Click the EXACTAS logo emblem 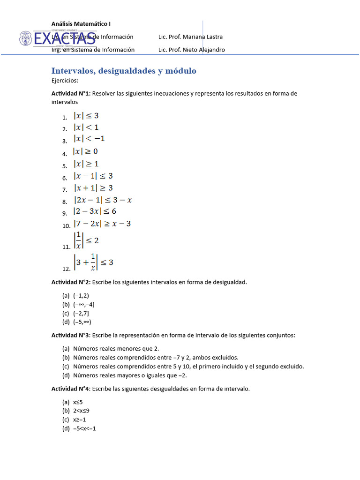click(26, 38)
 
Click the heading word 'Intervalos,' click(72, 71)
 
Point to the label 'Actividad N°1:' click(71, 93)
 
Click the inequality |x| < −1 click(89, 139)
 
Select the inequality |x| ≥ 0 click(85, 151)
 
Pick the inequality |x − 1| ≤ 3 click(93, 176)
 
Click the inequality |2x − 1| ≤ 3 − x click(103, 200)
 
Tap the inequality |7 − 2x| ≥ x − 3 click(102, 224)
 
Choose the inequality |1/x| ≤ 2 click(86, 240)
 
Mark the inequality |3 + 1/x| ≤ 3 click(93, 262)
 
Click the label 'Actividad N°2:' click(71, 282)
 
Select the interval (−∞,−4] click(83, 304)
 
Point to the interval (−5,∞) click(82, 322)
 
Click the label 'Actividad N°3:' click(71, 335)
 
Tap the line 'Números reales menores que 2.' click(116, 348)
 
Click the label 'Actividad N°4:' click(71, 389)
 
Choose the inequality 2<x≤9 click(81, 411)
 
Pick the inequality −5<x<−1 click(84, 428)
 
